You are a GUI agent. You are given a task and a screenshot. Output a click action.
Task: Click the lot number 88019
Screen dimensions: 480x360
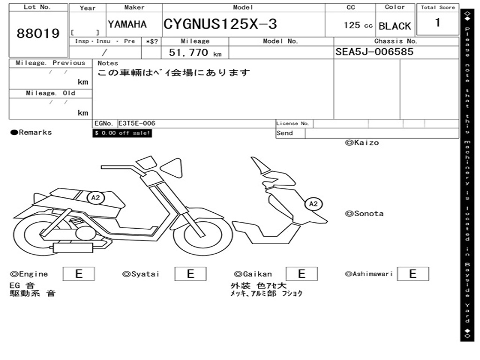38,33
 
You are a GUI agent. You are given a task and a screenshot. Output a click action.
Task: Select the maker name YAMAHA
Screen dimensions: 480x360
127,24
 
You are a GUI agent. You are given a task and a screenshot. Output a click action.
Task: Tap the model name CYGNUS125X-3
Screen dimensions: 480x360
220,24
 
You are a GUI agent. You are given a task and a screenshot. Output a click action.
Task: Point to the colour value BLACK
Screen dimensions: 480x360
395,26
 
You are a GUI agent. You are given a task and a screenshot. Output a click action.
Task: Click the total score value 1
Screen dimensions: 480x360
438,22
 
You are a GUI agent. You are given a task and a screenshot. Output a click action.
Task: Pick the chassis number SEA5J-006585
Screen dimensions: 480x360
375,52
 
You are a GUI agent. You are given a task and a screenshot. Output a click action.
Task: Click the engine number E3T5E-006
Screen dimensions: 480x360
137,123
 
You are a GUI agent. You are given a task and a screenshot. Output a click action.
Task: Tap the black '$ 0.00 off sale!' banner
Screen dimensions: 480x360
122,133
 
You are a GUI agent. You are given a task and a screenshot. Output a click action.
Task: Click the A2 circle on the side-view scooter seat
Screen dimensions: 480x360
96,198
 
